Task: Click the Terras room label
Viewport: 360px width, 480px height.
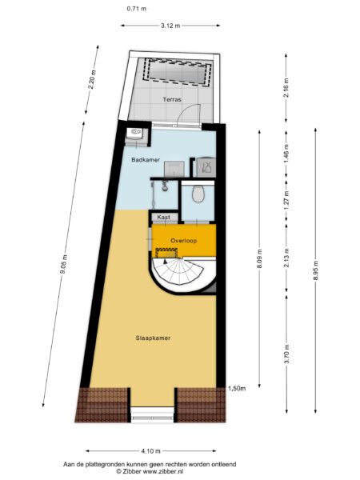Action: point(172,99)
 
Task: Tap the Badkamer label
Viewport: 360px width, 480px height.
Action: point(146,160)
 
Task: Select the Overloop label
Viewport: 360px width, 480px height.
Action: point(184,240)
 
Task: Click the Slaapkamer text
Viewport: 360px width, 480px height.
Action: point(153,338)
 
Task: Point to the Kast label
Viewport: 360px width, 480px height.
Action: point(164,217)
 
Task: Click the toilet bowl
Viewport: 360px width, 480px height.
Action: point(198,194)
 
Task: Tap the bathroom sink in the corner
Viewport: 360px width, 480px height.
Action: point(135,134)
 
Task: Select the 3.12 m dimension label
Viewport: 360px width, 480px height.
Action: point(169,26)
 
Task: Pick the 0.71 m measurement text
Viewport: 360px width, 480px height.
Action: point(135,8)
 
